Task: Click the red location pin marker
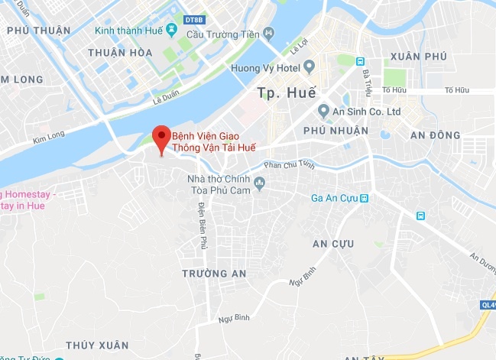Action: (160, 138)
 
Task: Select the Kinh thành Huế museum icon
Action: (171, 31)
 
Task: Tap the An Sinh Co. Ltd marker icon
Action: (323, 111)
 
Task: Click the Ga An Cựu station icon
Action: (365, 199)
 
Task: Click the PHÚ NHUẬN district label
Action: (336, 131)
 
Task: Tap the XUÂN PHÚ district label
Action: (417, 57)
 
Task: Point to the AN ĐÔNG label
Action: (435, 135)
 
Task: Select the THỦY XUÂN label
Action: (96, 345)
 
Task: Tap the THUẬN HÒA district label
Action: (120, 53)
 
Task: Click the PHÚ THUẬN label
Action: (38, 31)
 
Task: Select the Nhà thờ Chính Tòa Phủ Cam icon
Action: (260, 183)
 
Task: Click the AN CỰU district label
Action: (332, 243)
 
